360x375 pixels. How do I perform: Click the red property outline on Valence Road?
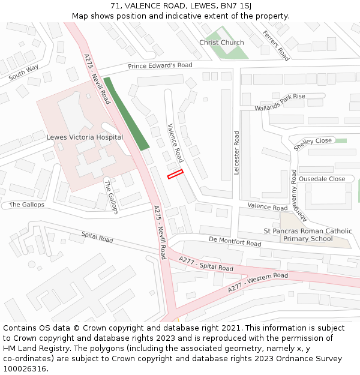(175, 174)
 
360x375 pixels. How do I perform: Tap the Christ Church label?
(221, 43)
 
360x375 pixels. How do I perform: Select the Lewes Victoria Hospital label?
(85, 137)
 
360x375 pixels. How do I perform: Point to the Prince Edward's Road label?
(160, 65)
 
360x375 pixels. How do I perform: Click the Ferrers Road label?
(276, 46)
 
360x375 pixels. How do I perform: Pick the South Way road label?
(24, 72)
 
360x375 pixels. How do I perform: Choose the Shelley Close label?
(313, 144)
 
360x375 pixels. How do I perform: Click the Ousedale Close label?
(322, 179)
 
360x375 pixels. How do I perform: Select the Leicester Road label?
(237, 152)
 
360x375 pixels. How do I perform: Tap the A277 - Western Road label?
(258, 283)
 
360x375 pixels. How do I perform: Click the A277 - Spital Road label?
(206, 263)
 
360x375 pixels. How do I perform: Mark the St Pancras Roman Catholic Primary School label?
(308, 235)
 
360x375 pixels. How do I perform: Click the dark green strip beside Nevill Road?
(126, 114)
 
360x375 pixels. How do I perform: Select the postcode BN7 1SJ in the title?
(236, 6)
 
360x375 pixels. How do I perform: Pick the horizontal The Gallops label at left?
(26, 205)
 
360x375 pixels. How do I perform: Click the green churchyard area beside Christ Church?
(235, 52)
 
